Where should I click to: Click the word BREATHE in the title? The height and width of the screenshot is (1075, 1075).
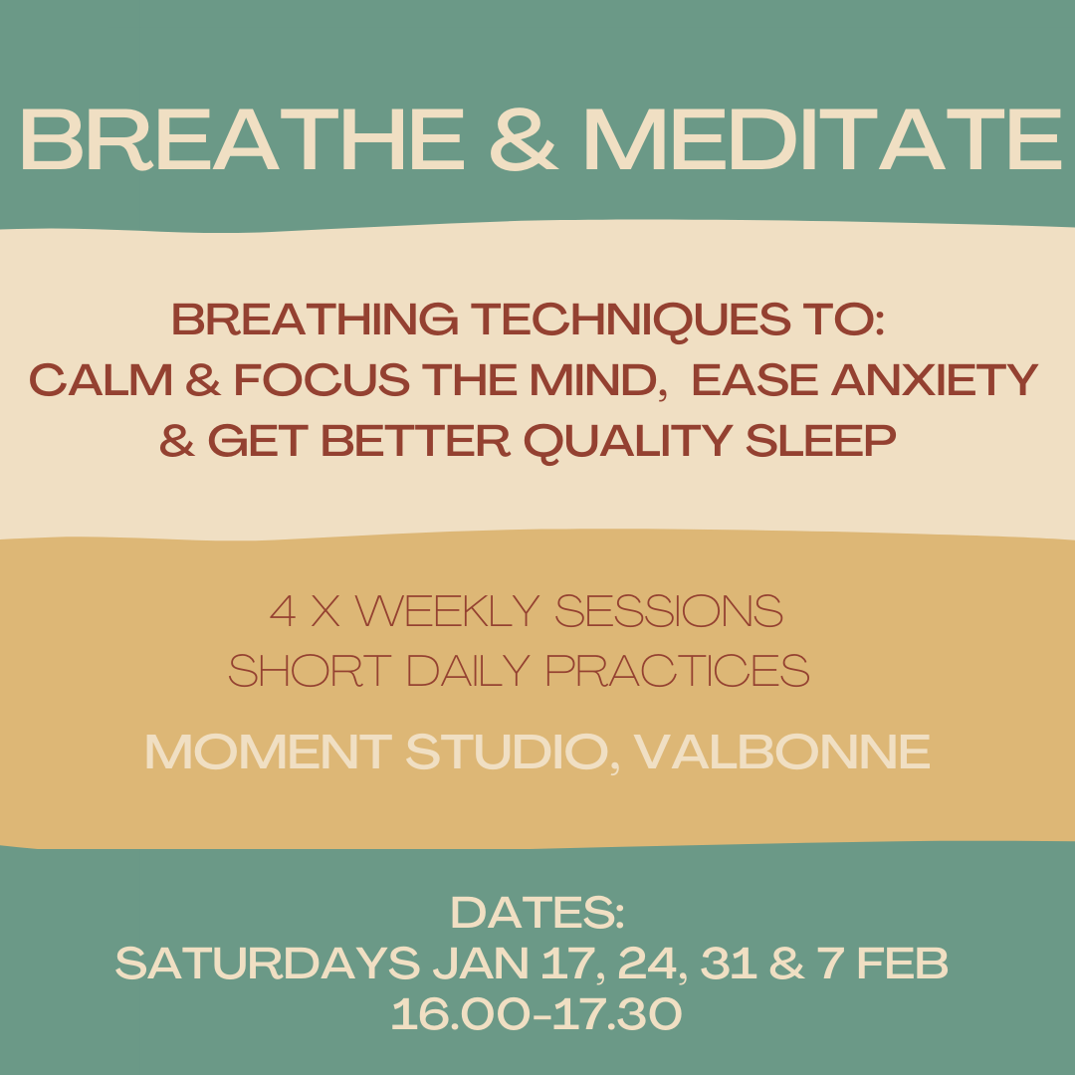click(243, 139)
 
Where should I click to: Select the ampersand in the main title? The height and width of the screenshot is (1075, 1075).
click(524, 139)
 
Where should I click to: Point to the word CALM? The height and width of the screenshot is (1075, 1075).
click(101, 380)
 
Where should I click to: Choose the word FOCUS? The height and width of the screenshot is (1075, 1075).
click(322, 380)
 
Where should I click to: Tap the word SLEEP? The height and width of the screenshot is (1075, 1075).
click(820, 440)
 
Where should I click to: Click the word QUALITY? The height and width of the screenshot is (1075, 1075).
click(628, 442)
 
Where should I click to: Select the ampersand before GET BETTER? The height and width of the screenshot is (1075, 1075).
click(177, 440)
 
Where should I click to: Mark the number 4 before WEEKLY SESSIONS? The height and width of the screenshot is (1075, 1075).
click(283, 611)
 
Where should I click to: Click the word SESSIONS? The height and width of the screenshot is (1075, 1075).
click(669, 611)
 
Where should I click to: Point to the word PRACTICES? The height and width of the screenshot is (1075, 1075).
click(678, 671)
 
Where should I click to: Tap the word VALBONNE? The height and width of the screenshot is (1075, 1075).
click(781, 752)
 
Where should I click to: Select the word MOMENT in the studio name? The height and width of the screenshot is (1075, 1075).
click(268, 752)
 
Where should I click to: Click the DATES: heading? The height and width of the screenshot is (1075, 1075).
click(537, 913)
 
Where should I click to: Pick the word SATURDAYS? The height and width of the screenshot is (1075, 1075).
click(268, 964)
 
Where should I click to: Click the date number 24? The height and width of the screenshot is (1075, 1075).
click(649, 964)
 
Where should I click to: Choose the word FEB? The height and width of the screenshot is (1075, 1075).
click(903, 964)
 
